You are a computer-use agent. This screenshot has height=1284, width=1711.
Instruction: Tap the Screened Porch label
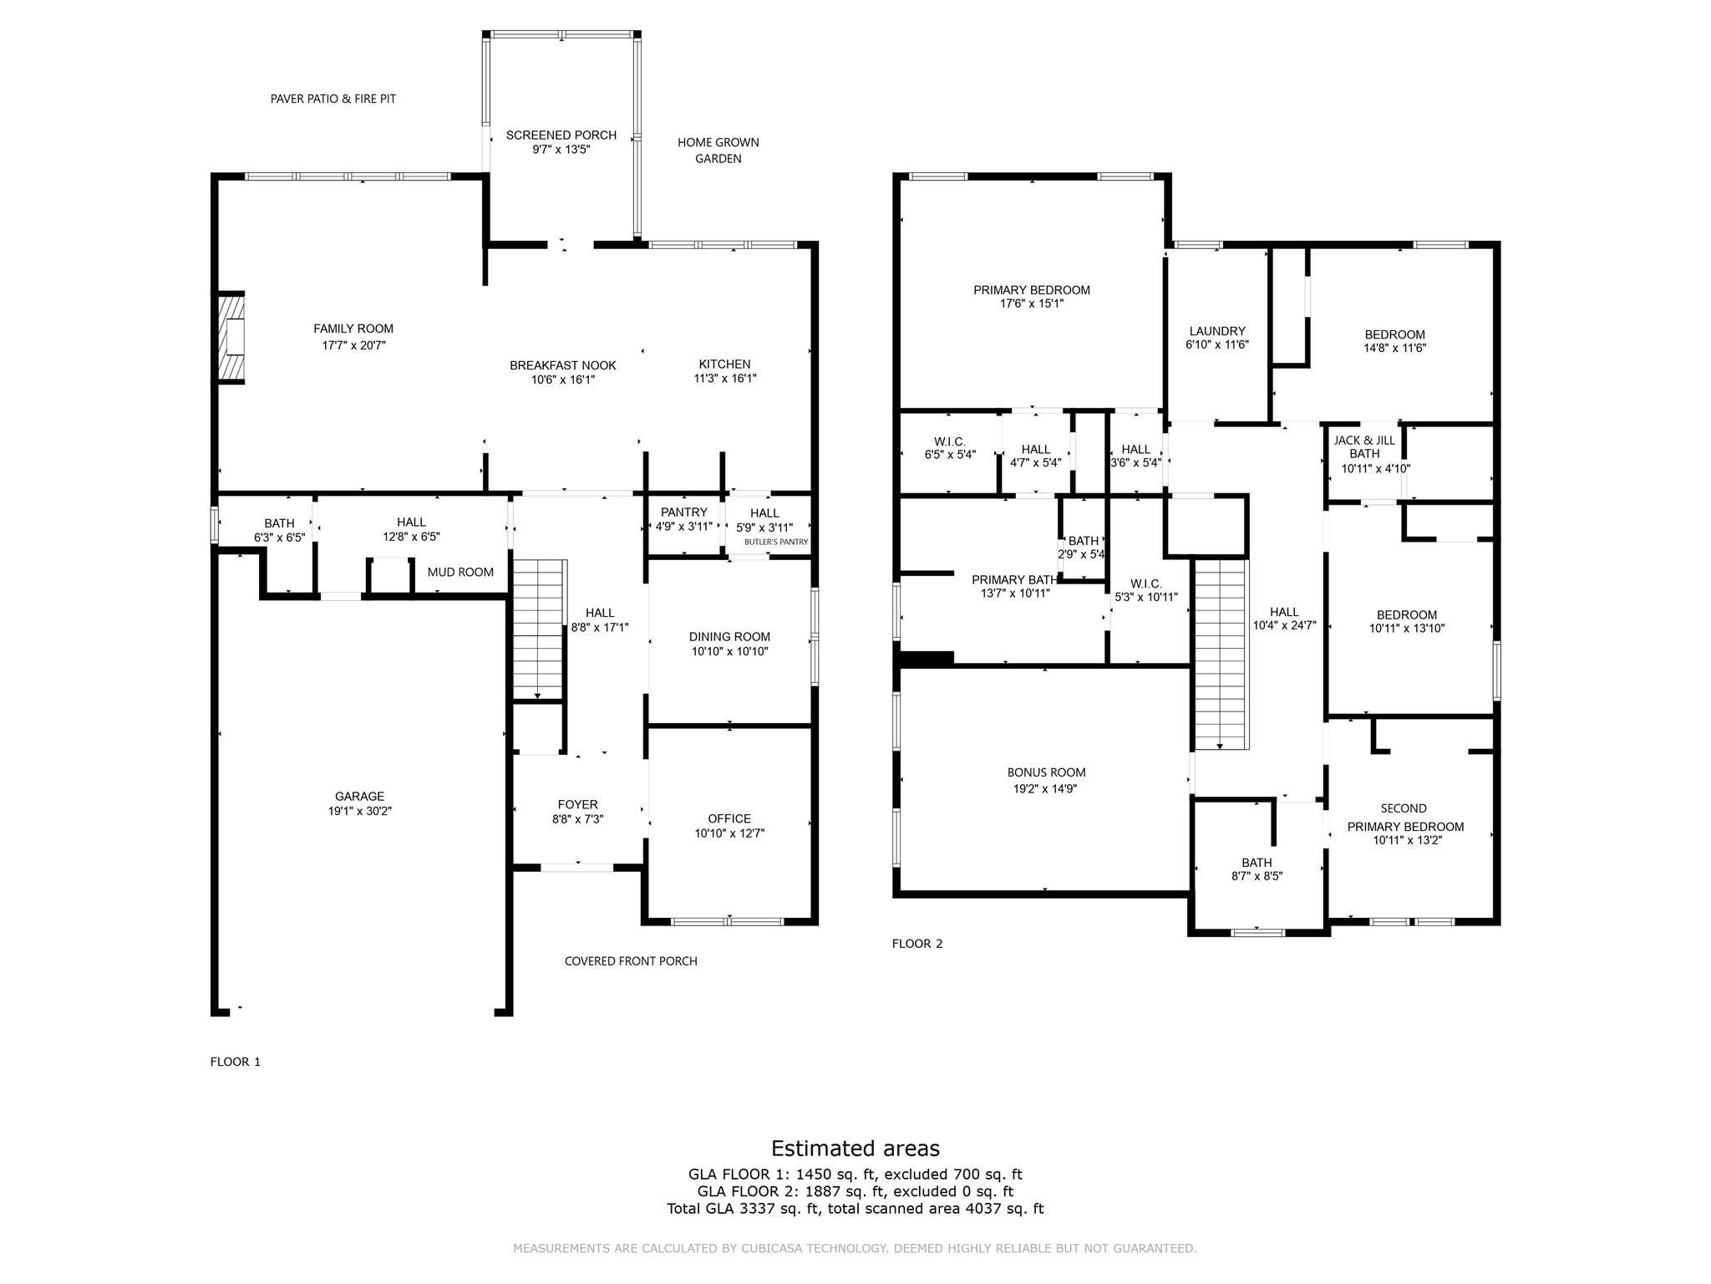[x=561, y=135]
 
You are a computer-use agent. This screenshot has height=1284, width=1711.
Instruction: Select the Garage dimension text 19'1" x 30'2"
[x=359, y=811]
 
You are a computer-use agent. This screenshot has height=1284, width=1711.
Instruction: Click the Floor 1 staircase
[x=539, y=629]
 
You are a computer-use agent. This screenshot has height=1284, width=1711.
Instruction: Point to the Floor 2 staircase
[x=1221, y=654]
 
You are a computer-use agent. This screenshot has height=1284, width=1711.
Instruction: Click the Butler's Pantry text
[x=776, y=542]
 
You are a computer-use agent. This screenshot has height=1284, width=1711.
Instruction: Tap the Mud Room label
[x=460, y=573]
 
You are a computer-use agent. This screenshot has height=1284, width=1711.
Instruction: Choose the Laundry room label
[x=1216, y=331]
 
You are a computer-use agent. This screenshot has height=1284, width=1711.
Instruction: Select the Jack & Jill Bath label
[x=1363, y=447]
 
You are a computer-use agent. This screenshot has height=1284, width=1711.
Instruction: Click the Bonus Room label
[x=1046, y=773]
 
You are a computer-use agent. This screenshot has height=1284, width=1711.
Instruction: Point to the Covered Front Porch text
[x=631, y=961]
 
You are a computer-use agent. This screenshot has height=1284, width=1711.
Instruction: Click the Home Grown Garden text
[x=718, y=150]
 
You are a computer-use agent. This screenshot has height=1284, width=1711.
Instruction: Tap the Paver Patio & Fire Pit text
[x=333, y=99]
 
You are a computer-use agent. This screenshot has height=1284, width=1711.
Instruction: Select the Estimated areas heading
[x=855, y=1148]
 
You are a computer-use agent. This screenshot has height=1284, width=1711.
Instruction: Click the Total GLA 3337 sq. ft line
[x=855, y=1208]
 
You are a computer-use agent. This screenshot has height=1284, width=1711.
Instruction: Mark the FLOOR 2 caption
[x=916, y=944]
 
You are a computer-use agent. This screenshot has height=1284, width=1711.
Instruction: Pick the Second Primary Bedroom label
[x=1404, y=818]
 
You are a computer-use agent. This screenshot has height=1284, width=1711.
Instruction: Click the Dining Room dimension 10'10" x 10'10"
[x=729, y=651]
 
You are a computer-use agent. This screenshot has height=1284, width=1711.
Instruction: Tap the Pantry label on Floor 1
[x=683, y=512]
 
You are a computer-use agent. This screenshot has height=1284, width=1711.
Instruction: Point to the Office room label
[x=729, y=819]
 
